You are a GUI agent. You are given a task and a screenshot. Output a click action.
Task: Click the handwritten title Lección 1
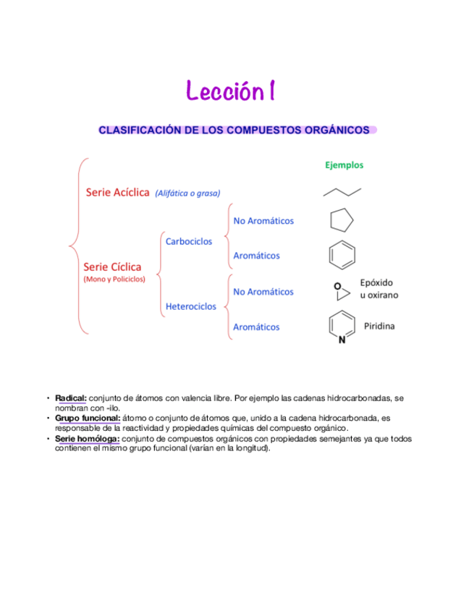tap(230, 92)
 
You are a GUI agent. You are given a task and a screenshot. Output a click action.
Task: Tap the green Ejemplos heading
tap(344, 165)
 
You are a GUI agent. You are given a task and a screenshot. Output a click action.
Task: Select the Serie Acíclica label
tap(118, 193)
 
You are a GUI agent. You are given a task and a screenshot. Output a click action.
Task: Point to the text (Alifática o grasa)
tap(187, 193)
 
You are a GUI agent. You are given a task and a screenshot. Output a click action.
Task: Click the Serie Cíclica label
tap(112, 266)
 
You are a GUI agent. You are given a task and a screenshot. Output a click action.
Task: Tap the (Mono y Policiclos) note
tap(114, 279)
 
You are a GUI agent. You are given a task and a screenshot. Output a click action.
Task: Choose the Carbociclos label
tap(189, 241)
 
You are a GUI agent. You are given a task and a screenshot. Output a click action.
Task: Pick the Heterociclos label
tap(191, 306)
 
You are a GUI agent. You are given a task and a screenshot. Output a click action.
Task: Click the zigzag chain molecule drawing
tap(342, 192)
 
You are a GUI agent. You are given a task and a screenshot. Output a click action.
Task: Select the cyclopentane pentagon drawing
tap(342, 220)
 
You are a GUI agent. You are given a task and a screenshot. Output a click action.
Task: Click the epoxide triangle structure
tap(342, 291)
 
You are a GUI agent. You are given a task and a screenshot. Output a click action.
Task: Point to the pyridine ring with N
tap(342, 328)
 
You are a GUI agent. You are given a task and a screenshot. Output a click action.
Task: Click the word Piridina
tap(379, 327)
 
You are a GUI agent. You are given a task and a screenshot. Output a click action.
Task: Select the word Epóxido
tap(376, 282)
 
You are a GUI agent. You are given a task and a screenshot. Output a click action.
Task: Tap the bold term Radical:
tap(71, 398)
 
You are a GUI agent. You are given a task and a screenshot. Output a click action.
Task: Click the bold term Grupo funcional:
tap(88, 419)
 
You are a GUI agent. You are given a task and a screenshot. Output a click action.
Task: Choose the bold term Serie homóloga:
tap(88, 439)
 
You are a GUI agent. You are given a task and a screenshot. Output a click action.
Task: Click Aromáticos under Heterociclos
tap(256, 327)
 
